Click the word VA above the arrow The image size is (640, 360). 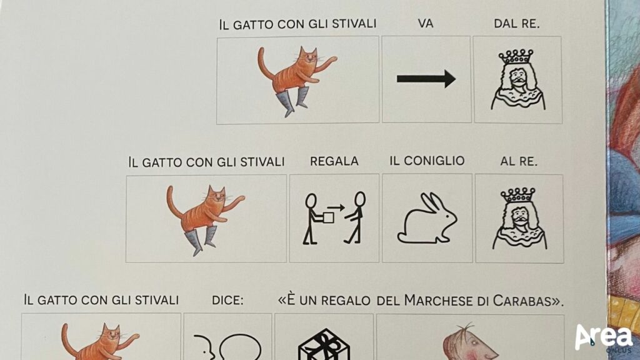425,24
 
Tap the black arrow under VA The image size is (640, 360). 426,79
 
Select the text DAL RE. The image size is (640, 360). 517,24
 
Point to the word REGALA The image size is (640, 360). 334,161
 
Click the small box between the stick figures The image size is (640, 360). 328,217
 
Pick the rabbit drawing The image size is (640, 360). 426,218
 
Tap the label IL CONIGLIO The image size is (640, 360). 427,161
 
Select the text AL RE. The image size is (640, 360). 519,162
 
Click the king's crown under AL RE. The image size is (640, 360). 517,195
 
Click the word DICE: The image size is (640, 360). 227,301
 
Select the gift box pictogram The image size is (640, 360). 324,345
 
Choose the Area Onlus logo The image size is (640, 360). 604,337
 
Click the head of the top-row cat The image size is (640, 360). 308,57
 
